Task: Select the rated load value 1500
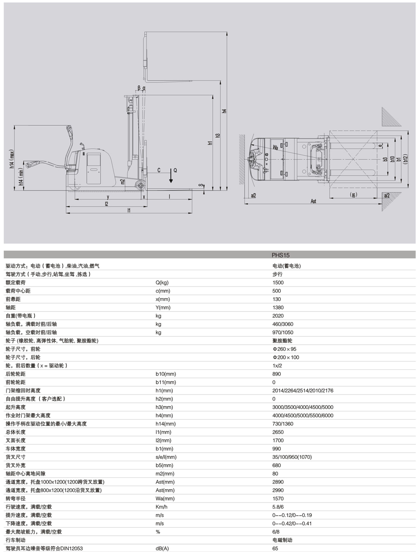(x=277, y=282)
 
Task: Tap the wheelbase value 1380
(x=277, y=307)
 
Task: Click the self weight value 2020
(x=277, y=316)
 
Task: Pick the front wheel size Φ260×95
(x=284, y=349)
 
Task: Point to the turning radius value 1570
(x=277, y=498)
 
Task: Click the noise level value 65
(x=275, y=548)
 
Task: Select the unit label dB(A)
(x=162, y=548)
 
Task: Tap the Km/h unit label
(x=161, y=507)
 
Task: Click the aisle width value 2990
(x=277, y=490)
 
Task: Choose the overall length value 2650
(x=277, y=432)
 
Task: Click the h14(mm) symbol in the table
(x=165, y=424)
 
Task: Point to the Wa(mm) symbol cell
(x=165, y=498)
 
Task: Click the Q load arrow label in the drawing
(x=175, y=170)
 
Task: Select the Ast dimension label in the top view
(x=314, y=201)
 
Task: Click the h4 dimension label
(x=224, y=111)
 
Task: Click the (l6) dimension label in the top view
(x=353, y=195)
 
